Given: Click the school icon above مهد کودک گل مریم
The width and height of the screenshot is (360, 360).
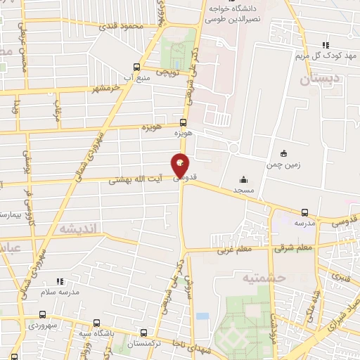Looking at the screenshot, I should pos(326,44).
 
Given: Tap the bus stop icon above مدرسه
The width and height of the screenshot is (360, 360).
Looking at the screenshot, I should pos(304,212).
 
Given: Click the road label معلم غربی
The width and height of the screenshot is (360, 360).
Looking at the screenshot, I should pos(234,249).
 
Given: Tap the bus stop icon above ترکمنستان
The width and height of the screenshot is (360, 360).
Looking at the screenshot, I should pos(144,333).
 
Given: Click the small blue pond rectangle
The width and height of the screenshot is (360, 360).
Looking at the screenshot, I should pos(202,316).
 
